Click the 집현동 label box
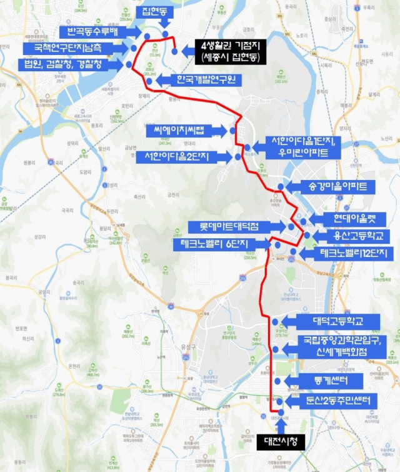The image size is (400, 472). click(x=156, y=12)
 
